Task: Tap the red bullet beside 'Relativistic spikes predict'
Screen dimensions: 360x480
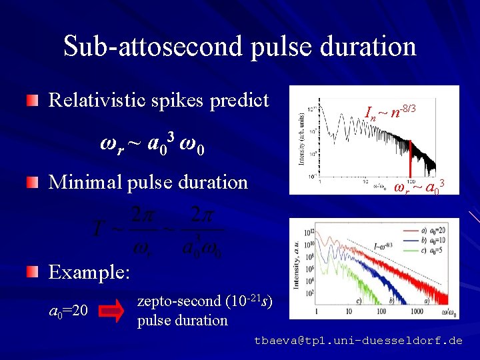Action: [x=33, y=101]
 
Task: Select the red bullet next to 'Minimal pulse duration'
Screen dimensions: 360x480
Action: [x=33, y=182]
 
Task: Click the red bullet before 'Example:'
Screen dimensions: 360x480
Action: [x=33, y=272]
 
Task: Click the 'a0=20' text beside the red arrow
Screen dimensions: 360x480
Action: [x=69, y=311]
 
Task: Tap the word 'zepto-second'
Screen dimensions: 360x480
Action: [x=177, y=301]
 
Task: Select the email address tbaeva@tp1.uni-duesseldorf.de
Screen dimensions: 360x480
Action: [x=358, y=341]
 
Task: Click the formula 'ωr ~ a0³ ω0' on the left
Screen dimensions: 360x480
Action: [x=152, y=143]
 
